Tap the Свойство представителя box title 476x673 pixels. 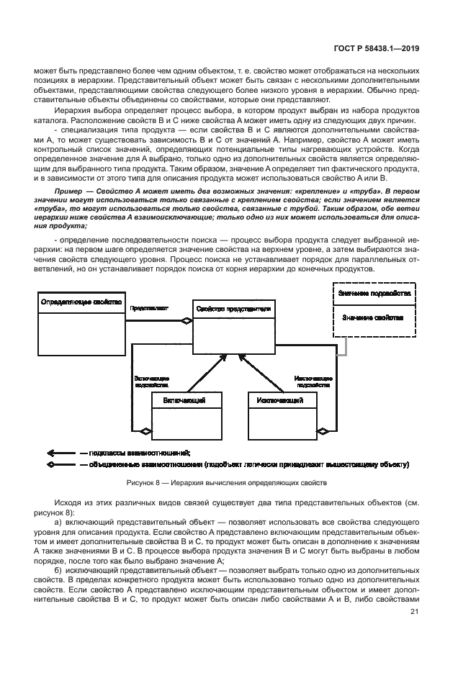233,308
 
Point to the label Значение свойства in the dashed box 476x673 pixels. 372,317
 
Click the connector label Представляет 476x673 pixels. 149,308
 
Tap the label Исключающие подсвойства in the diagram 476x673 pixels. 313,381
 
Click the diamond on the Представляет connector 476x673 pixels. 186,322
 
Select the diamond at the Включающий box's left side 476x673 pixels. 145,431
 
